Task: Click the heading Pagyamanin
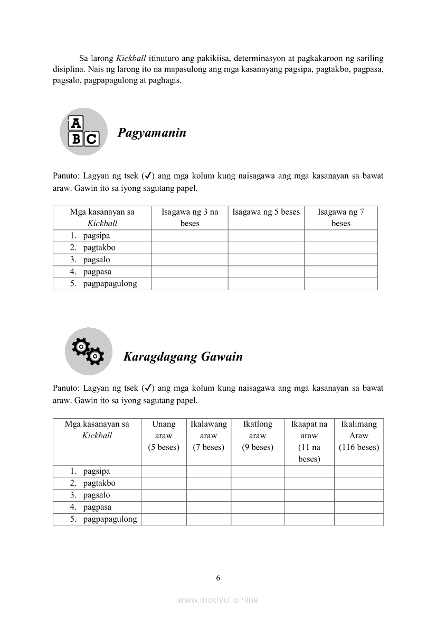151,133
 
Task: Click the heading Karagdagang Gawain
183,357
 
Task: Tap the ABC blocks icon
84,132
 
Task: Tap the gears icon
88,351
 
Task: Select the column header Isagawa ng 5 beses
266,212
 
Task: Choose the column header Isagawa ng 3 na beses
190,217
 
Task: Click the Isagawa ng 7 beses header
340,217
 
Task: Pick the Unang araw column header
164,436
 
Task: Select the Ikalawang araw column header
208,436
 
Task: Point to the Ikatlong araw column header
258,436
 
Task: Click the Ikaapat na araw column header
309,441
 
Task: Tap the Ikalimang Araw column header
359,436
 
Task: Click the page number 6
218,578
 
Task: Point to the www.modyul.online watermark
218,599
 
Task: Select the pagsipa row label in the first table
96,236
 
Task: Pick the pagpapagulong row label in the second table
110,519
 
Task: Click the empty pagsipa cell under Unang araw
164,471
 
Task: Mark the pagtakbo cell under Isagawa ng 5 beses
266,248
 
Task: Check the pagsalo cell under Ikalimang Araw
359,495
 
